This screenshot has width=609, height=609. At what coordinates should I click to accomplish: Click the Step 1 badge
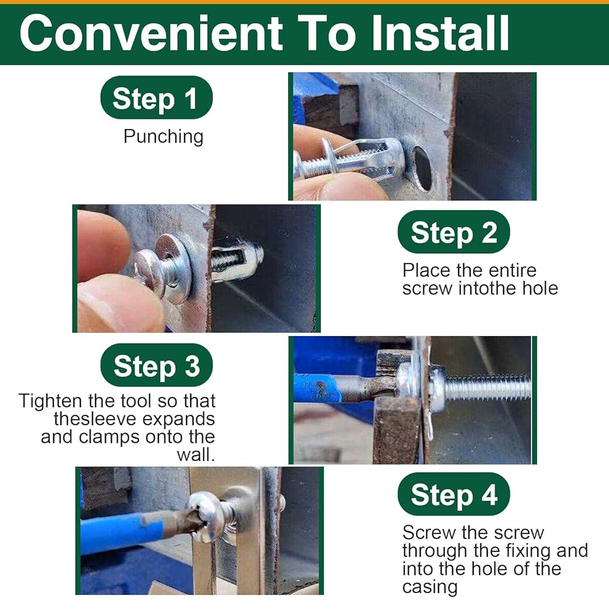[156, 97]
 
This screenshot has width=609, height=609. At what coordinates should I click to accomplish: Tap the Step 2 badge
[454, 232]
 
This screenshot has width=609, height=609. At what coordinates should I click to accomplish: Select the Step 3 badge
[156, 365]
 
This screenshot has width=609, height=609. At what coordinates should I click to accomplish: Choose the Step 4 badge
[454, 494]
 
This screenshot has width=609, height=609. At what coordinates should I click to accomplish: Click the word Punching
[163, 136]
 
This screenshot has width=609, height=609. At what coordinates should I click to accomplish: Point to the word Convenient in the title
[151, 33]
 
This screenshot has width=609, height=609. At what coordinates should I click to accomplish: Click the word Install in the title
[440, 33]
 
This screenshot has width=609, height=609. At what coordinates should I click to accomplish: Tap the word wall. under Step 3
[195, 455]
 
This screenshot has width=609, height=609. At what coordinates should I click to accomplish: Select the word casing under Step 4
[430, 588]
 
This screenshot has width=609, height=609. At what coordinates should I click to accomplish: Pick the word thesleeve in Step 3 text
[95, 419]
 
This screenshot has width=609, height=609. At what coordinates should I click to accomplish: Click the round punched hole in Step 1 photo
[422, 168]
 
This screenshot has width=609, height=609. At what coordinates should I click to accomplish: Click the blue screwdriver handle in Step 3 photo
[317, 389]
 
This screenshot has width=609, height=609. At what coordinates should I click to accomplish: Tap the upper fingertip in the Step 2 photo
[103, 245]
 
